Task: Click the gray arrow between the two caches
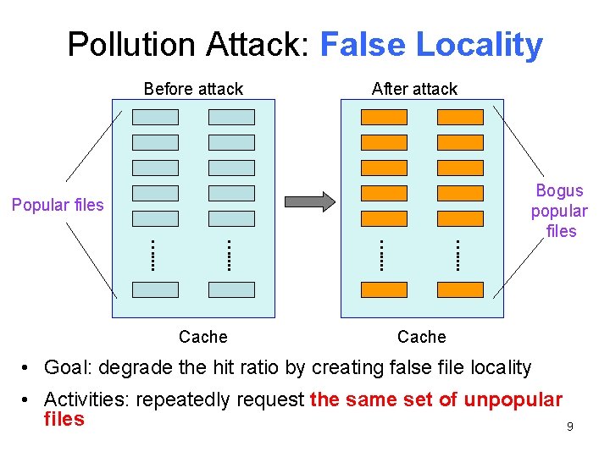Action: (310, 201)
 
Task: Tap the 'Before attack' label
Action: (193, 89)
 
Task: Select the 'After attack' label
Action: (414, 89)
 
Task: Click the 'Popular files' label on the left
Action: (58, 205)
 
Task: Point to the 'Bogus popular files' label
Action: (559, 211)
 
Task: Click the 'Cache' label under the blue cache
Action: (203, 337)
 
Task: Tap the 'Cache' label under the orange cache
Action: (421, 337)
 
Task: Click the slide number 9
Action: (570, 427)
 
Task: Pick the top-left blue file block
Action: (156, 117)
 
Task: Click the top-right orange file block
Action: (460, 117)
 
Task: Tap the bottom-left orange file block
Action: (384, 289)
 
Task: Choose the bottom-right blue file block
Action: (231, 289)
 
